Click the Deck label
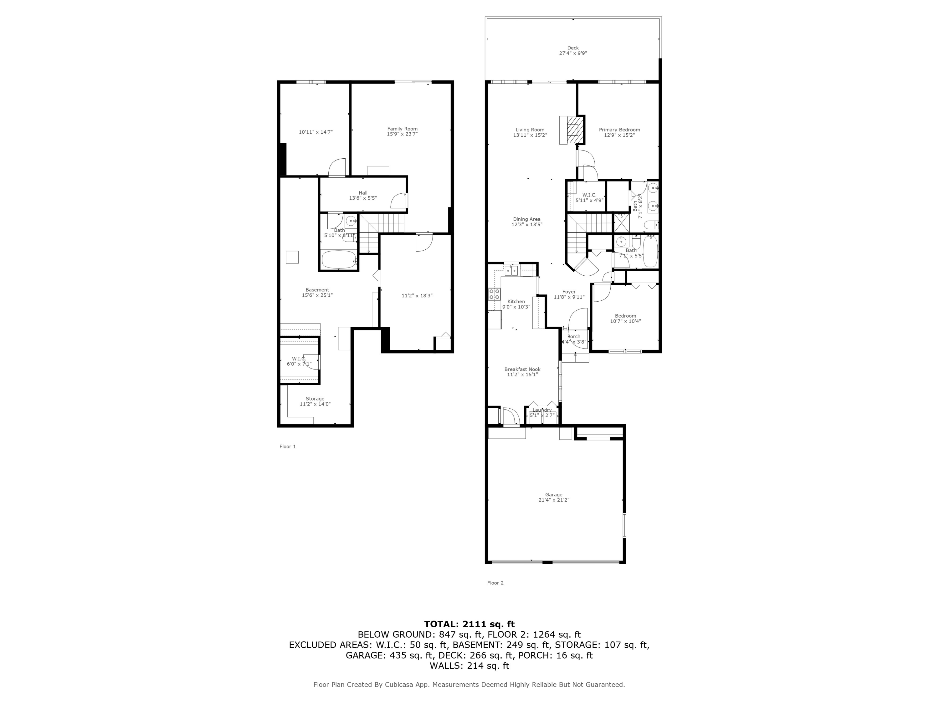(x=573, y=48)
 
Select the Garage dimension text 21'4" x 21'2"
(x=554, y=500)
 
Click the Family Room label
(x=402, y=129)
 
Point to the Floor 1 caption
(x=287, y=446)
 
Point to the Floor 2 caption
(x=495, y=583)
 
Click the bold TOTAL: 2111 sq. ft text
(x=469, y=624)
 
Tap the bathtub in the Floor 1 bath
(x=339, y=260)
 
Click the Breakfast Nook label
(x=522, y=369)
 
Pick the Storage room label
(x=315, y=399)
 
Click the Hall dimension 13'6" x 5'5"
(x=362, y=198)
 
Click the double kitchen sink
(x=511, y=270)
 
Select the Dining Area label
(x=526, y=219)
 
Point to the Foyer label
(x=569, y=292)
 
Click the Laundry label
(x=542, y=410)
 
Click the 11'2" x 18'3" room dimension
(x=417, y=295)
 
